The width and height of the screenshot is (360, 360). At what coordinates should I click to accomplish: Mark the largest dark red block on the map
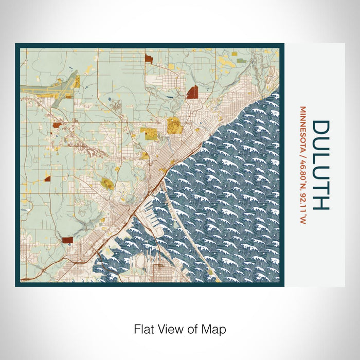tap(193, 92)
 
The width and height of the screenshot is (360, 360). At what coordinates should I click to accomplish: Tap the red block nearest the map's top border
tap(149, 59)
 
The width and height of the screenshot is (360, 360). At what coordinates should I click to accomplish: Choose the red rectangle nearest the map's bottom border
tap(67, 240)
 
